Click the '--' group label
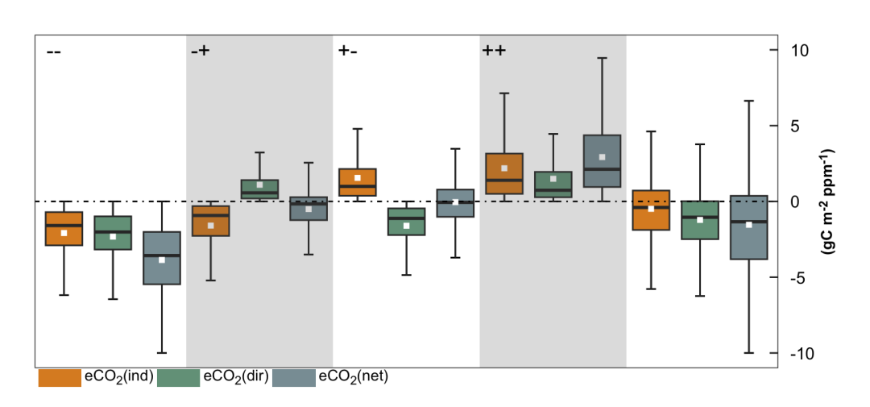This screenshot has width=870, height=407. [54, 52]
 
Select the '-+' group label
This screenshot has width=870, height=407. [200, 52]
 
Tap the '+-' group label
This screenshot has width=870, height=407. [347, 52]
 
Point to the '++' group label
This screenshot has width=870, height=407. [494, 52]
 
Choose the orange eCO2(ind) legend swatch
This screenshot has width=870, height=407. [60, 377]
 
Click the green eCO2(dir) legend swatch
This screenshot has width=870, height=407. [178, 377]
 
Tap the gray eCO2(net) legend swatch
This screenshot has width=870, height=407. [294, 377]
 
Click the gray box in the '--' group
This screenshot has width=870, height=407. [162, 258]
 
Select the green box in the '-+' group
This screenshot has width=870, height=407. [259, 189]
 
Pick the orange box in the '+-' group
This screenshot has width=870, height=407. [357, 182]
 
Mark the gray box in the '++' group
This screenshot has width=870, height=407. [602, 161]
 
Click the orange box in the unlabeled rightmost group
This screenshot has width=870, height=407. [651, 210]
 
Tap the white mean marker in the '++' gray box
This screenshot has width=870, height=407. [602, 157]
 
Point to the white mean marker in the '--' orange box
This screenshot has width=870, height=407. [64, 233]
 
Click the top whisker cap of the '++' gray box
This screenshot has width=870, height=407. [602, 58]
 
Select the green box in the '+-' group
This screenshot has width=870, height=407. [406, 222]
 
